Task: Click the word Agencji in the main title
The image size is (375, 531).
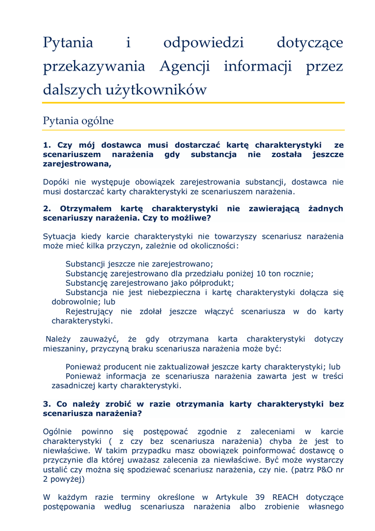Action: pos(184,66)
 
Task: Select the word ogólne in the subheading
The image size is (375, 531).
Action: pos(97,121)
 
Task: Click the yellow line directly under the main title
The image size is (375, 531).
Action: pos(194,103)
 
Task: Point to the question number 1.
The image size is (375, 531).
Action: pos(46,145)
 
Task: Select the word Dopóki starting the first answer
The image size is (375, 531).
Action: pos(56,182)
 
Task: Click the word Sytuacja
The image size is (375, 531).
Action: pos(60,236)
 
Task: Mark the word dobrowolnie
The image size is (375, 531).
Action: pos(75,301)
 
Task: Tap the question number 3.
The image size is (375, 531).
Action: pos(46,403)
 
